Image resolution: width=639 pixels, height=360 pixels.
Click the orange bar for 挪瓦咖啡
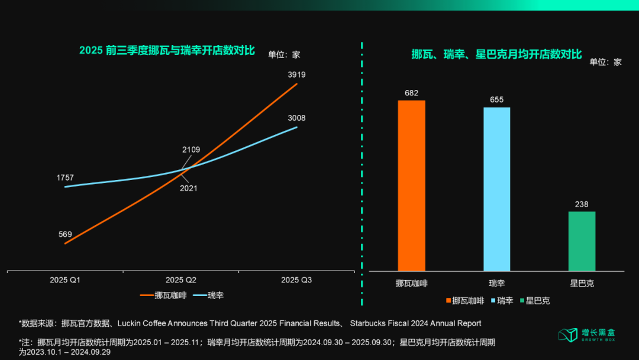click(x=411, y=185)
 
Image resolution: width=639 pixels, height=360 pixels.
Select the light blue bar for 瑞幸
click(x=496, y=189)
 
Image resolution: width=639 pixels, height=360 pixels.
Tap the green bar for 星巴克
click(x=582, y=241)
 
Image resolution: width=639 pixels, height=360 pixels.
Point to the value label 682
click(x=411, y=92)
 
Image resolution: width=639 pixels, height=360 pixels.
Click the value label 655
click(x=496, y=99)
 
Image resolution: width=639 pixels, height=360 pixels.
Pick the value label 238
click(x=582, y=204)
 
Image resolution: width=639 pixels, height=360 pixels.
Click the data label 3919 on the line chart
click(x=296, y=75)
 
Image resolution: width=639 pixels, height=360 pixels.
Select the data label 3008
click(x=296, y=118)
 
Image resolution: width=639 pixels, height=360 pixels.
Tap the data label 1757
click(x=65, y=178)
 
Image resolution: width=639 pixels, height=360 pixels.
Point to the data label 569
click(x=65, y=234)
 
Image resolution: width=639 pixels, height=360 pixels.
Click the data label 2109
click(x=191, y=149)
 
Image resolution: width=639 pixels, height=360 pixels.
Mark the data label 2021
click(x=189, y=188)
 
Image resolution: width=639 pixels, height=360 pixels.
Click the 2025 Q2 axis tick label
click(x=181, y=279)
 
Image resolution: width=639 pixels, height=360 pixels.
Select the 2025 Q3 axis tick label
click(x=296, y=279)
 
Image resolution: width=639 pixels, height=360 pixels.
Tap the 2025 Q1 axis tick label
click(x=65, y=279)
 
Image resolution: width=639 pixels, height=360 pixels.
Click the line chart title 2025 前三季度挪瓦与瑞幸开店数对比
click(x=167, y=51)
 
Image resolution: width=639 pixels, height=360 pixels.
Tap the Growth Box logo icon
click(x=567, y=335)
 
